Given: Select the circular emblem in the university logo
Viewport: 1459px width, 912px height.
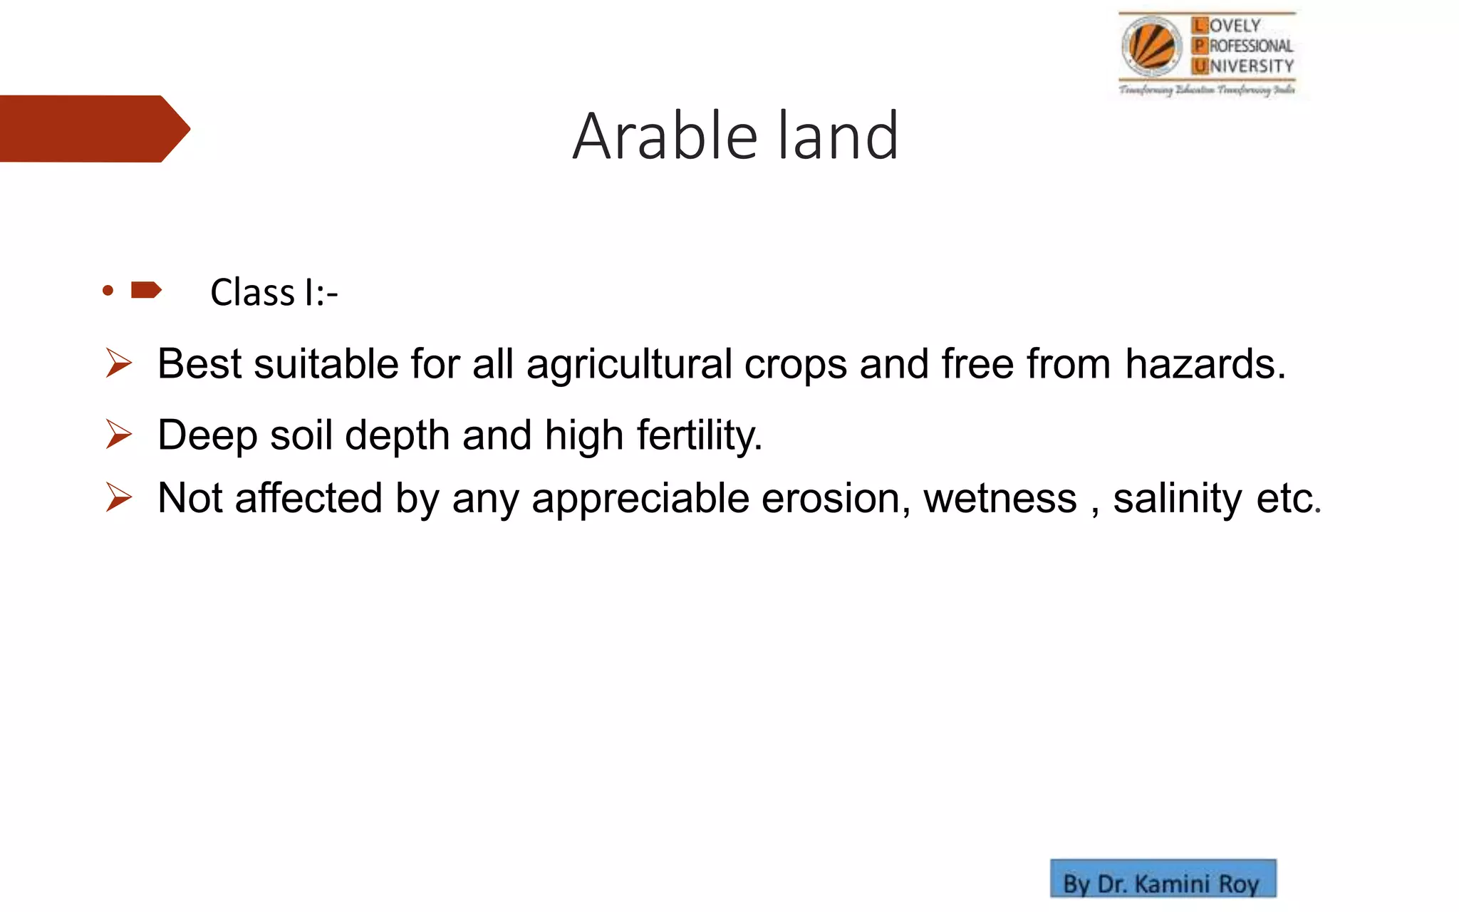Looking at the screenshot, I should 1151,46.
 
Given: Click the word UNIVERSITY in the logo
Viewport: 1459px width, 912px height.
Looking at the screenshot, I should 1243,66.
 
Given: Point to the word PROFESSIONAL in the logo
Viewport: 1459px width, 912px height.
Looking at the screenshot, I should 1243,46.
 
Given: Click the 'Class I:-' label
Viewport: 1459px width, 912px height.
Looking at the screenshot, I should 274,293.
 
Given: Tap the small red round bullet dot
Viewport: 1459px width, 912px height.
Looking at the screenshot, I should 108,290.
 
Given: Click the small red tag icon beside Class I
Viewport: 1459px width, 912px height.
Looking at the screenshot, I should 146,290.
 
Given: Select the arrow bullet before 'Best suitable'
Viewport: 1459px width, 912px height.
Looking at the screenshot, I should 118,363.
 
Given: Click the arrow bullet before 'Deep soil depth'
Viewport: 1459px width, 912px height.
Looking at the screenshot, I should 118,434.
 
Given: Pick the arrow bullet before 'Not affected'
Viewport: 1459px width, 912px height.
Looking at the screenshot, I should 118,497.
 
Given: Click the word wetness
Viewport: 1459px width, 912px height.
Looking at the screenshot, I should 1000,498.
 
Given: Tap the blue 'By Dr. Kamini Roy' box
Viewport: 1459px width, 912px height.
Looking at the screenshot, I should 1163,879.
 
